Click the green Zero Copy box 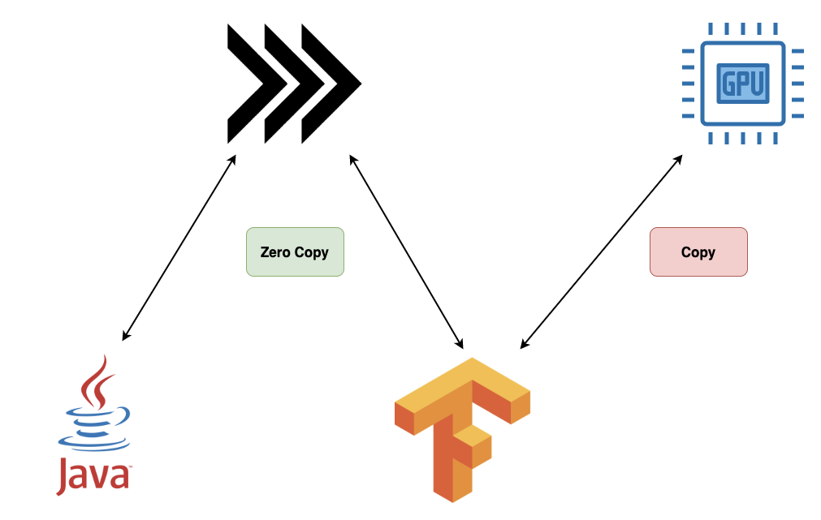(295, 251)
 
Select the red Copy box (698, 251)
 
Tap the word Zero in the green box (275, 252)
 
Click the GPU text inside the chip (742, 83)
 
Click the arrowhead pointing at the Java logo (125, 336)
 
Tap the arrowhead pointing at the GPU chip (679, 160)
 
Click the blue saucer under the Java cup (93, 442)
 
